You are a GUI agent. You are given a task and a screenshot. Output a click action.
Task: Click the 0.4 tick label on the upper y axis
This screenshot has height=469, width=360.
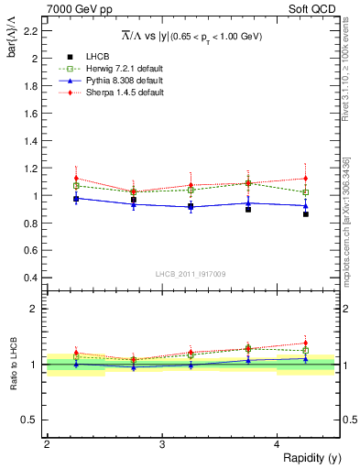(x=33, y=278)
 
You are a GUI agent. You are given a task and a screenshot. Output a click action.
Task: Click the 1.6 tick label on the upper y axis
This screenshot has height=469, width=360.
(x=33, y=114)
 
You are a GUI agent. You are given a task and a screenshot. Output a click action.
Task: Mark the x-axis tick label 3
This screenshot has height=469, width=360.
(x=161, y=444)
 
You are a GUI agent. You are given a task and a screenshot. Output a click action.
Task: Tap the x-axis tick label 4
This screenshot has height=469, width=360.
(x=277, y=444)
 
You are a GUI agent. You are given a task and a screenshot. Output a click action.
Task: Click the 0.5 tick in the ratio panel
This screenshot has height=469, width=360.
(x=33, y=420)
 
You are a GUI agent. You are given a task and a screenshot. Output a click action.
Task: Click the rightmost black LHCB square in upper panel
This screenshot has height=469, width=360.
(x=306, y=214)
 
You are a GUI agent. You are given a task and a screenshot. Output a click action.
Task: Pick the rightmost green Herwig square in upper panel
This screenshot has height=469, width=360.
(x=306, y=192)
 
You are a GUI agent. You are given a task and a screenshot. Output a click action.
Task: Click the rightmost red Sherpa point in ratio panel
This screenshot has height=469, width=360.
(x=306, y=343)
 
